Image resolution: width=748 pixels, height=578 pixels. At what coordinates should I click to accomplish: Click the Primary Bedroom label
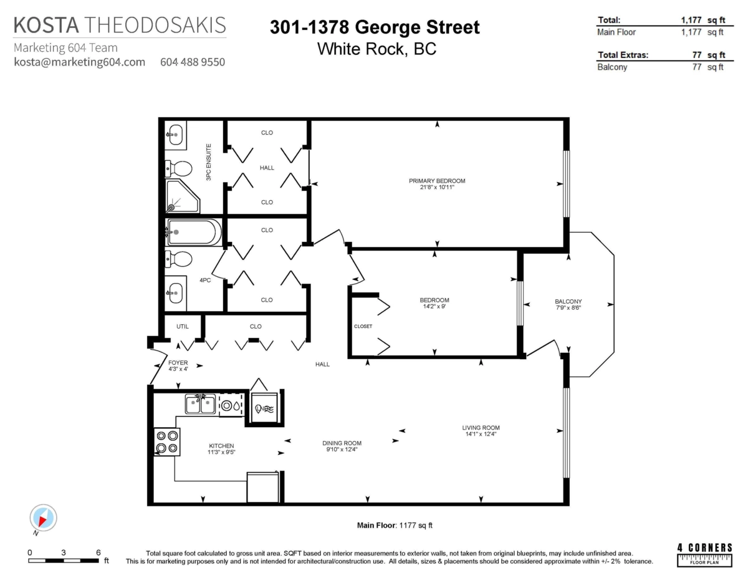pyautogui.click(x=437, y=181)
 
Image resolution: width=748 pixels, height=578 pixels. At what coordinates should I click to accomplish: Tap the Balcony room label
pyautogui.click(x=568, y=302)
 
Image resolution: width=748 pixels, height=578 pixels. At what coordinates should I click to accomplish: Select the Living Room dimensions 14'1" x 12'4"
pyautogui.click(x=481, y=435)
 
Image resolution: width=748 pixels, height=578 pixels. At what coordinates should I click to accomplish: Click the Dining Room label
pyautogui.click(x=343, y=443)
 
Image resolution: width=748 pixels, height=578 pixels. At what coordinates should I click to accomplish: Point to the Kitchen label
pyautogui.click(x=221, y=446)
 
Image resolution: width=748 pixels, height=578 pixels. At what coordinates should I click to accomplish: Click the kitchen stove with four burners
pyautogui.click(x=167, y=441)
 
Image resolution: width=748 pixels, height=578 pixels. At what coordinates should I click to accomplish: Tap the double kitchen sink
pyautogui.click(x=200, y=404)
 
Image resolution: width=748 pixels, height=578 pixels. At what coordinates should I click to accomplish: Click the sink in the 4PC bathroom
pyautogui.click(x=176, y=290)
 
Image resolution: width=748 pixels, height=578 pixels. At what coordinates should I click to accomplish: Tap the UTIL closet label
pyautogui.click(x=182, y=326)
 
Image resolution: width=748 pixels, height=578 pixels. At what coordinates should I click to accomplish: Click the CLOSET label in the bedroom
pyautogui.click(x=363, y=325)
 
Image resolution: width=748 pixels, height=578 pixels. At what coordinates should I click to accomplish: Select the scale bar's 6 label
pyautogui.click(x=98, y=552)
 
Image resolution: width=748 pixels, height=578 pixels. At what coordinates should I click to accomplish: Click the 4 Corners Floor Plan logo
pyautogui.click(x=704, y=554)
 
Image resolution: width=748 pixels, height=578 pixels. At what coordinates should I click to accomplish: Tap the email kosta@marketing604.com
pyautogui.click(x=79, y=62)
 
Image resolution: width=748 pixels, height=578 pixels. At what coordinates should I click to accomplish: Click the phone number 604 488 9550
pyautogui.click(x=193, y=62)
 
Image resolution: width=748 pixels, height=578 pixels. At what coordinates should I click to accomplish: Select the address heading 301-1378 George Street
pyautogui.click(x=375, y=27)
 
